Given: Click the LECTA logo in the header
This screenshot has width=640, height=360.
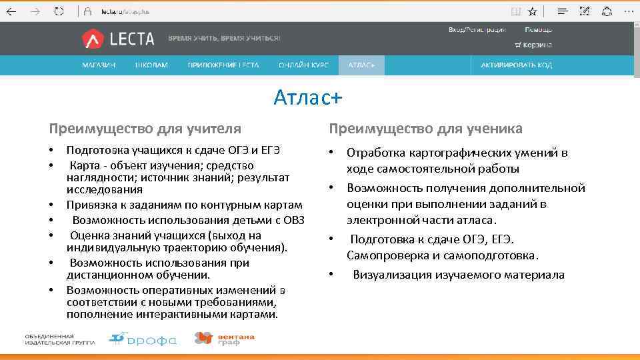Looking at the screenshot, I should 118,39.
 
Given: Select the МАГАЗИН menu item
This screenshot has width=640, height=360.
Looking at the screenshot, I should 99,65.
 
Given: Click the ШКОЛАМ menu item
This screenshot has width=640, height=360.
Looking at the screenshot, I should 151,65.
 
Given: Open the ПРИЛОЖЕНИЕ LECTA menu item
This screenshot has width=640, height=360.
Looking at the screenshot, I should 223,65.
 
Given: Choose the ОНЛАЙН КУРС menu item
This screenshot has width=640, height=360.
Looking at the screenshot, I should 303,65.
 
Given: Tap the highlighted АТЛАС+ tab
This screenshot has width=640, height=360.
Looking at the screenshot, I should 362,65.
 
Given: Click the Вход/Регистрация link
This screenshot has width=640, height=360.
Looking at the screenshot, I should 477,30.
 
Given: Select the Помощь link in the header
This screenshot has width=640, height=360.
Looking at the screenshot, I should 538,30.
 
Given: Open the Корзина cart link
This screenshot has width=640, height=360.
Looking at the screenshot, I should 533,45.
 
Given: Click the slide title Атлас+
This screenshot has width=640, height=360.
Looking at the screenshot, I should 307,97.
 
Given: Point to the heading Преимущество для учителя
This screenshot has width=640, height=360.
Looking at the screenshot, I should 145,128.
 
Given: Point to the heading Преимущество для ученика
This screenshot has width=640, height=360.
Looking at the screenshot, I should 425,128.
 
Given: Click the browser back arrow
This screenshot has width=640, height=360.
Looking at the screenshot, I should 11,11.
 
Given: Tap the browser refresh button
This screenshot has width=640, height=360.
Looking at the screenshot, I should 59,11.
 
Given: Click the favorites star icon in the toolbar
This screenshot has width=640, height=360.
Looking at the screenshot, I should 532,11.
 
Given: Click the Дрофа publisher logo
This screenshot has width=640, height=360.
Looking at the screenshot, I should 143,339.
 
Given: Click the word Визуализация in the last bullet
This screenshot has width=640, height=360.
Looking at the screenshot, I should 392,275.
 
